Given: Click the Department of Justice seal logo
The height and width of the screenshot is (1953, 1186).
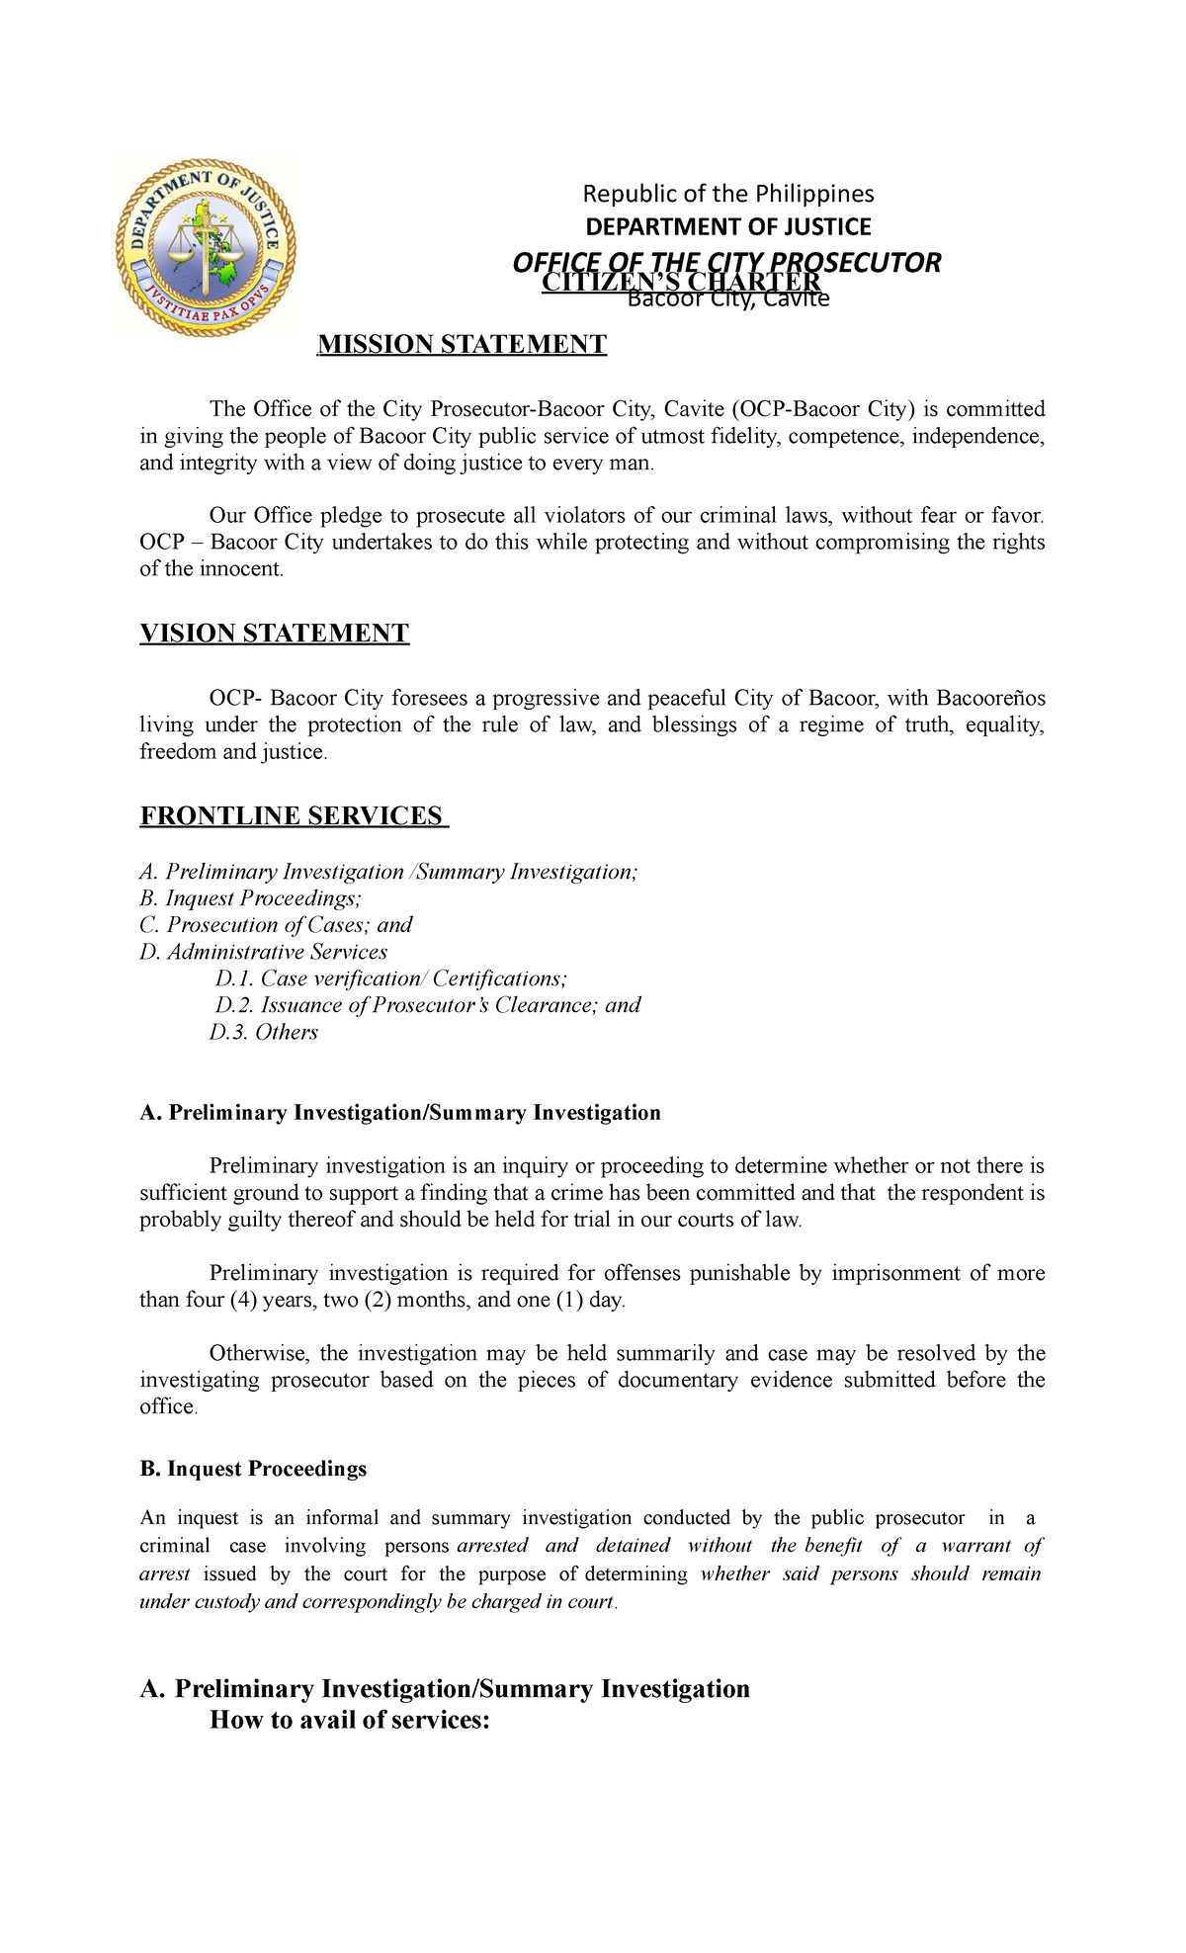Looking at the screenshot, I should (x=206, y=247).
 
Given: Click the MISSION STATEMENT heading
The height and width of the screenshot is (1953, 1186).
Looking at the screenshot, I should (x=461, y=345).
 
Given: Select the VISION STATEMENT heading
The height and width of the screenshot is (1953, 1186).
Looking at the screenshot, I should (x=274, y=634).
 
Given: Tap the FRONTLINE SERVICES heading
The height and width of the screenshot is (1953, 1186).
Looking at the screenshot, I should (x=293, y=816).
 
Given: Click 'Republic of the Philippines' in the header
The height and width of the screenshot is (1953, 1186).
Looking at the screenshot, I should (x=727, y=194).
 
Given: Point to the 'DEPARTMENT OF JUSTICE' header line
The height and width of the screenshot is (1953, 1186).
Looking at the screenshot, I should (x=727, y=227).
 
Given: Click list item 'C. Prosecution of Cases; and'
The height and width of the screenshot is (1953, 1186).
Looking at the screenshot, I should (x=276, y=925).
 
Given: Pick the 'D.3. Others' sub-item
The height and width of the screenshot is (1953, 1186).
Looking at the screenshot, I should (x=263, y=1032).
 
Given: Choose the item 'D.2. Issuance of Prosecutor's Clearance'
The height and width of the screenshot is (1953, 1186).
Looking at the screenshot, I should (x=427, y=1005).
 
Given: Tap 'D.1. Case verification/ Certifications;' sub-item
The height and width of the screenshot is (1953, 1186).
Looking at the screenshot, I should (x=390, y=978).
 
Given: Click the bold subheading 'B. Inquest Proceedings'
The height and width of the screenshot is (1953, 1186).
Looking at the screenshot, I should (x=253, y=1469).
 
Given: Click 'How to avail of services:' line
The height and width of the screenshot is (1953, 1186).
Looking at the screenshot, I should (x=350, y=1721).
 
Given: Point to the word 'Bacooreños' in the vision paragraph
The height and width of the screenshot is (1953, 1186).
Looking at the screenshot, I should (x=989, y=699).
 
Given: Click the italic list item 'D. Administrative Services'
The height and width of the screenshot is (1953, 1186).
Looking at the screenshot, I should (x=263, y=952).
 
